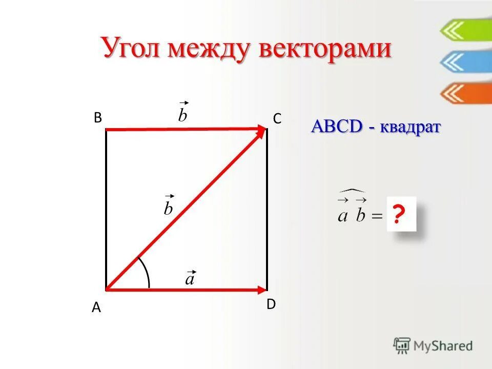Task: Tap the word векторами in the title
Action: point(326,50)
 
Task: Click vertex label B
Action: point(97,118)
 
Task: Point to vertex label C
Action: point(277,119)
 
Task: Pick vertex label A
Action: point(96,308)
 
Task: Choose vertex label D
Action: point(271,304)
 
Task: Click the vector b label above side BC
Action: point(183,113)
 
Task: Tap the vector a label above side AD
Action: point(190,278)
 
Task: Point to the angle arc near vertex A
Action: point(146,272)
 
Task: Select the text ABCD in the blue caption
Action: point(337,127)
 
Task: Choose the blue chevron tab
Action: point(464,62)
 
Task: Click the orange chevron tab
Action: point(464,93)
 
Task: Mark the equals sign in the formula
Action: point(376,216)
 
